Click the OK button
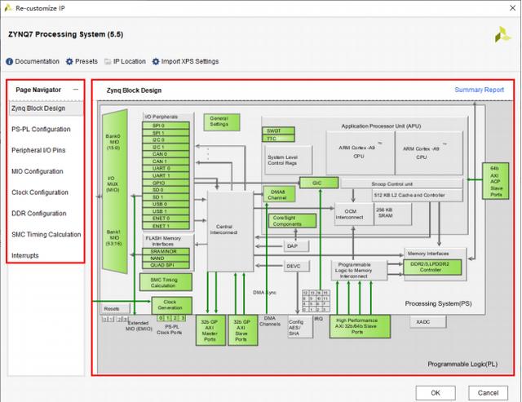[x=435, y=392]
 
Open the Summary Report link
[x=479, y=90]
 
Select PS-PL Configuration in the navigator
[x=40, y=129]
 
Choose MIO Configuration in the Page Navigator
[x=37, y=171]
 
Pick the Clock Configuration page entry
[x=38, y=192]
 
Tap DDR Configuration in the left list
[x=38, y=214]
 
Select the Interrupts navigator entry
[x=24, y=256]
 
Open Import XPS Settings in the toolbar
[x=189, y=61]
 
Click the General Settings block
[x=219, y=121]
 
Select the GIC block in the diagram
[x=318, y=183]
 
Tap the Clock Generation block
[x=170, y=304]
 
